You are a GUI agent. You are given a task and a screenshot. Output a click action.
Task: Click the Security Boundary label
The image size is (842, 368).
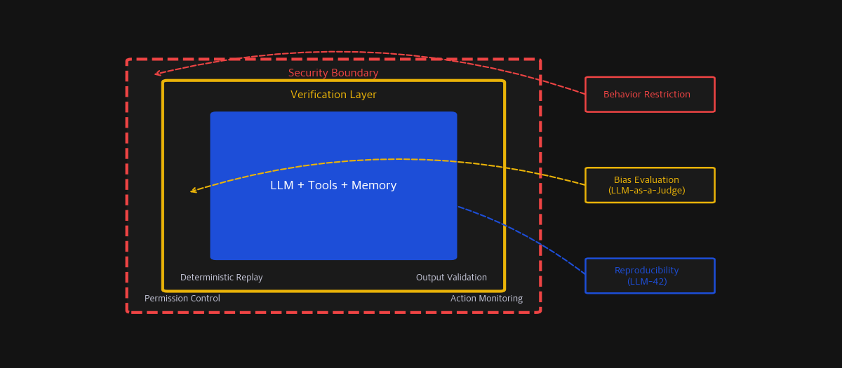coord(333,74)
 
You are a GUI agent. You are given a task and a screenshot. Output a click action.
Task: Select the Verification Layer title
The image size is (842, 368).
coord(333,95)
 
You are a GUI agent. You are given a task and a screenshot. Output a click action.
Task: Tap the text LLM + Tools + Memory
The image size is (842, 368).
coord(333,186)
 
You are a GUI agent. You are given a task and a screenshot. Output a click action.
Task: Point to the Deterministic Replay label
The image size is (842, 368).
coord(221,278)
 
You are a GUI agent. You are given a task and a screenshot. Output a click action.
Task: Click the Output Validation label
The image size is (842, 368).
coord(451,278)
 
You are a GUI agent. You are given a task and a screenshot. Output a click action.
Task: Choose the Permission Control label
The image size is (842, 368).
coord(182,299)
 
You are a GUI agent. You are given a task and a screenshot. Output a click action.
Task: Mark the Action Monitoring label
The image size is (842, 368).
coord(486,299)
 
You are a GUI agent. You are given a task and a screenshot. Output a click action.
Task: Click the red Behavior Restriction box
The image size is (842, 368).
coord(650,95)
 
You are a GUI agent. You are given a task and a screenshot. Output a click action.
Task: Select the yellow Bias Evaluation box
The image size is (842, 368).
coord(650,185)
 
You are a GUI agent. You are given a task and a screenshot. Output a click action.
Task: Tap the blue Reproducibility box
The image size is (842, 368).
coord(650,275)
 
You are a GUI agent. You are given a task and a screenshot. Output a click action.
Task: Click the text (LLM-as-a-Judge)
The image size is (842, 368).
coord(646,191)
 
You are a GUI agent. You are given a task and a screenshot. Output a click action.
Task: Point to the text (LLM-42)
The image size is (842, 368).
coord(646,282)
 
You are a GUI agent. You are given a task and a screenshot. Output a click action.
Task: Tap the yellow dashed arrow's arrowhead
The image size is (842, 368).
coord(193,191)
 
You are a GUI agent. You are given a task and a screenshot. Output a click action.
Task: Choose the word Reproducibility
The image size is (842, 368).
coord(646,271)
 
